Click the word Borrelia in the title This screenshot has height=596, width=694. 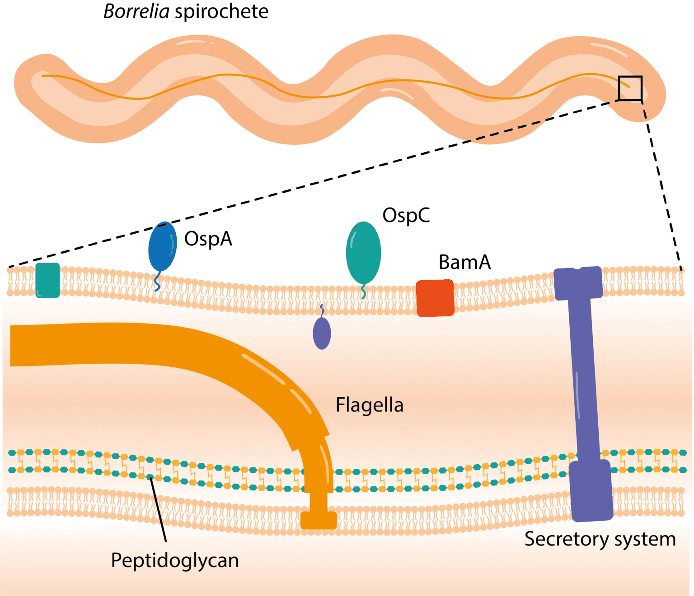coord(136,11)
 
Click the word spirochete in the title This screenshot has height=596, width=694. coord(221,11)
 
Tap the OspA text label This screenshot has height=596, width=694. coord(208,239)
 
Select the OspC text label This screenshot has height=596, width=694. coord(406,216)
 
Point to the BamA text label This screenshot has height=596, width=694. coord(464,262)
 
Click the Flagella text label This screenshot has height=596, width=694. coord(369,405)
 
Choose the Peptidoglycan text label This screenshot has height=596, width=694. coord(175,560)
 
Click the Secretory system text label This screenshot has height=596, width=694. coord(600,539)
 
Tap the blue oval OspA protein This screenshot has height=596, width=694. coord(162,247)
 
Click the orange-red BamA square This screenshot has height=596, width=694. coord(435,298)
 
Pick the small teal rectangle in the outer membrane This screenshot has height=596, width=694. coord(47,280)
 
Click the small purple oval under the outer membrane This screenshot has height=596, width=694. coord(322,333)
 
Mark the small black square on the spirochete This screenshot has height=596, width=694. coord(630,88)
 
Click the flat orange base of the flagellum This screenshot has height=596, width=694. coord(319,520)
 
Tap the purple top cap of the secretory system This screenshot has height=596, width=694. coord(578,283)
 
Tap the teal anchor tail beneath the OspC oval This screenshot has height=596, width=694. coord(363,292)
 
